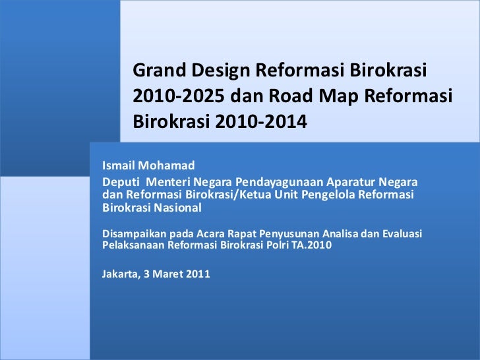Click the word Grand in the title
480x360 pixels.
click(x=158, y=70)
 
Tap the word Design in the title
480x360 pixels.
click(x=216, y=70)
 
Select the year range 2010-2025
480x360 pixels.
click(x=178, y=96)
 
